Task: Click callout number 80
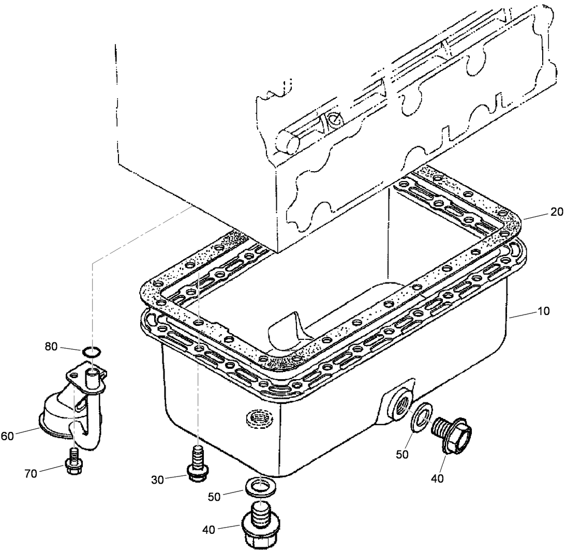(51, 346)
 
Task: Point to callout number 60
(7, 436)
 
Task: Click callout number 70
(31, 473)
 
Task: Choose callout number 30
(158, 480)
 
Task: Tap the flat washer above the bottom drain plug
(259, 486)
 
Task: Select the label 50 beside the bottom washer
(214, 496)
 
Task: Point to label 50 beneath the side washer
(402, 454)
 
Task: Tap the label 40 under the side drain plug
(437, 478)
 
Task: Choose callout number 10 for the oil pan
(543, 311)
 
